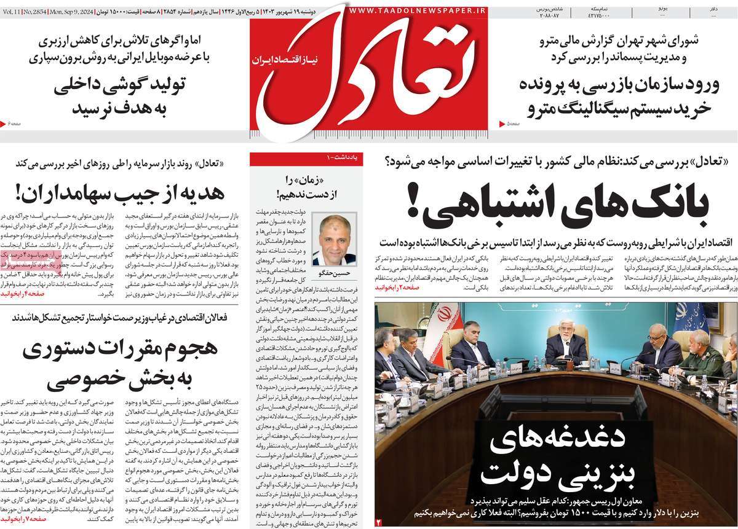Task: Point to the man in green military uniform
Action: pyautogui.click(x=700, y=362)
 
